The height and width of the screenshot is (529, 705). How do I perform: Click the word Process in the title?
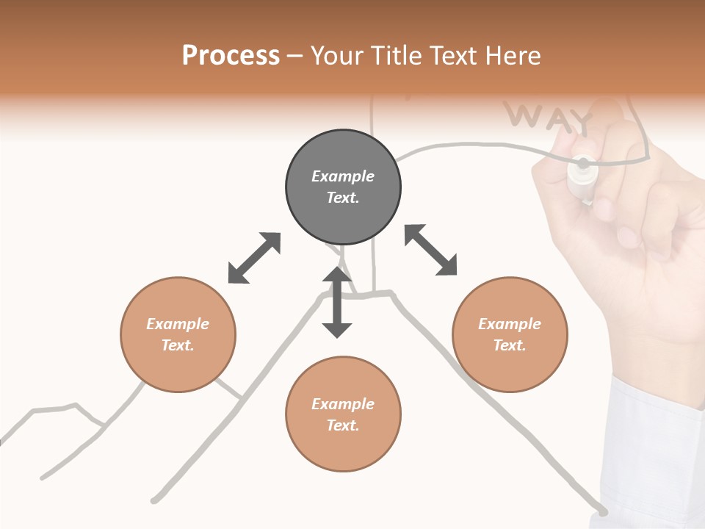point(231,56)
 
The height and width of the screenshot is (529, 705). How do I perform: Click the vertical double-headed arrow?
point(337,302)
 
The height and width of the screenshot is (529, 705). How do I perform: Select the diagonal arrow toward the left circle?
point(254,258)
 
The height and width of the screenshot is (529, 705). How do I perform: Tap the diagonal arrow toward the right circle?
point(430,250)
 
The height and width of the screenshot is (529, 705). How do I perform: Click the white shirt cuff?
point(654,441)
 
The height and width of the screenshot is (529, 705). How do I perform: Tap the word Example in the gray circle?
point(343,176)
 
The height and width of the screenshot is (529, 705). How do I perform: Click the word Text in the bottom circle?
point(342,425)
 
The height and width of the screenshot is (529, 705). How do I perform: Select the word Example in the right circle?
point(510,324)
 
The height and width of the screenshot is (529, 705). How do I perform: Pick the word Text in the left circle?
point(178,345)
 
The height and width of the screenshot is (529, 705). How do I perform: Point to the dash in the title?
point(294,57)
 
